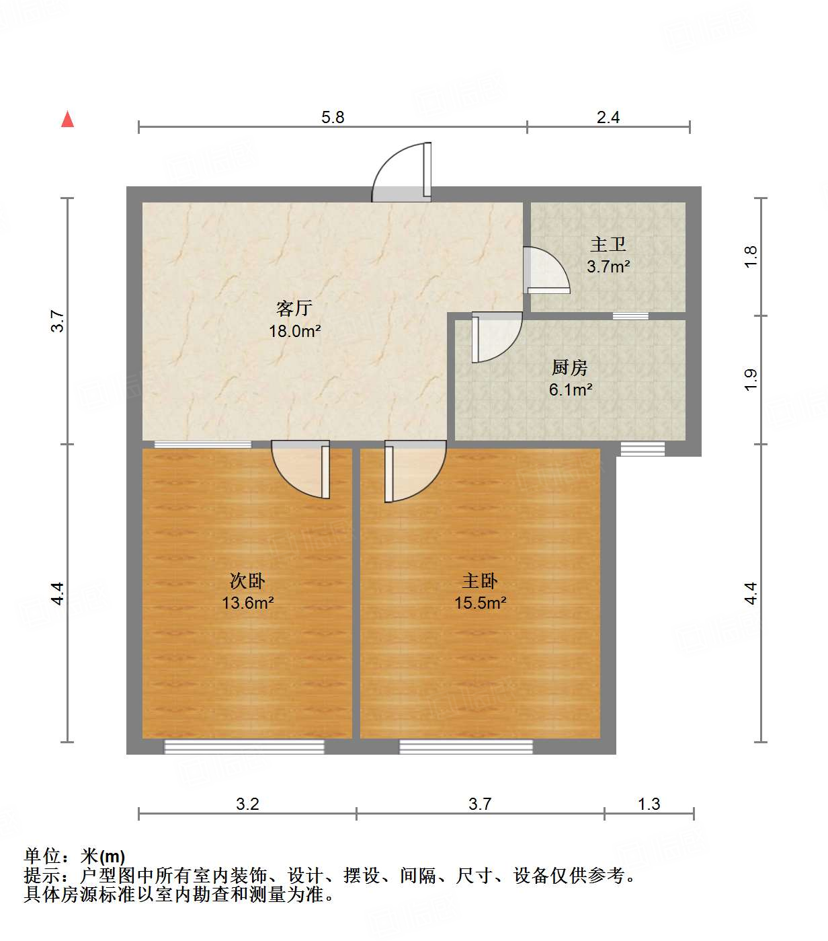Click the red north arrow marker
(x=67, y=119)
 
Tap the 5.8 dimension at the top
(x=333, y=118)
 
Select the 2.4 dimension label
(x=608, y=118)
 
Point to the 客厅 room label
(x=294, y=308)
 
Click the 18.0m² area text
(x=294, y=331)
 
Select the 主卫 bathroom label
(x=608, y=244)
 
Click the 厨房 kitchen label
(x=570, y=367)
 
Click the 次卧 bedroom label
(x=247, y=580)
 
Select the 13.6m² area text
(x=247, y=603)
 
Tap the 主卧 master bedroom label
(x=480, y=580)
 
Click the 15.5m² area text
(x=480, y=603)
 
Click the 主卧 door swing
(x=414, y=469)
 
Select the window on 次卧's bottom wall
(x=245, y=747)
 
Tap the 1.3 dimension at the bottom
(x=649, y=804)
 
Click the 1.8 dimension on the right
(x=751, y=256)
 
